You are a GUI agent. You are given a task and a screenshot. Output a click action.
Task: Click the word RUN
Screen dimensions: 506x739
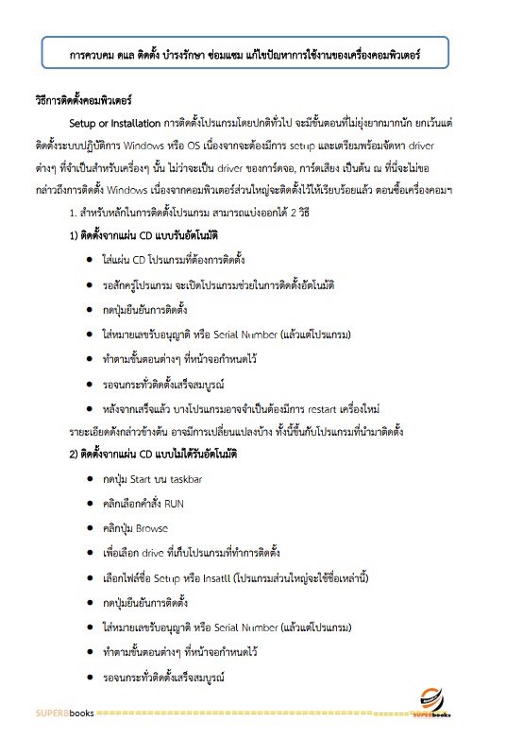coord(190,503)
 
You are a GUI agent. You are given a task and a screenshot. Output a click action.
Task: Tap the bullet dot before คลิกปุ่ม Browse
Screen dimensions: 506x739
coord(88,527)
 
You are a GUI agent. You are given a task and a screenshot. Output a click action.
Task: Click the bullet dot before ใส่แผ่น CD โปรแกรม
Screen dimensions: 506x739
coord(88,258)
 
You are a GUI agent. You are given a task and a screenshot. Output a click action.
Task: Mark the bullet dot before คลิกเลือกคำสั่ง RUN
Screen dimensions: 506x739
coord(88,503)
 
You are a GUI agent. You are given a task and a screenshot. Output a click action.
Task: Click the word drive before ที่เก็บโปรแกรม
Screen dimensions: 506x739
coord(167,552)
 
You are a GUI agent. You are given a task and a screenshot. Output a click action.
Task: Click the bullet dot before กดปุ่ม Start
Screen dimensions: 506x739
coord(88,479)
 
